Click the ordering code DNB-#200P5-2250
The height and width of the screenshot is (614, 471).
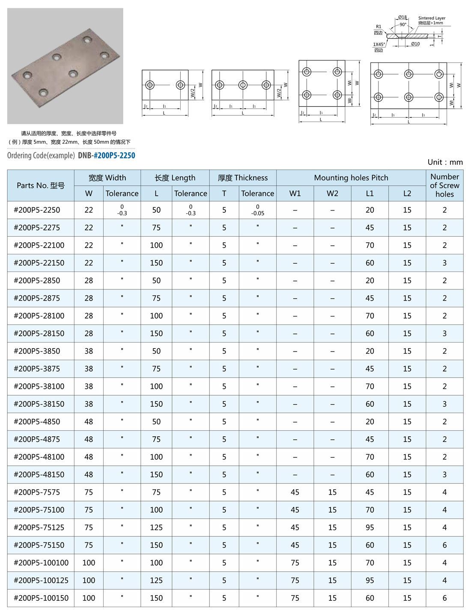coord(107,155)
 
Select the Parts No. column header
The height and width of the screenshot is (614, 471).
coord(41,185)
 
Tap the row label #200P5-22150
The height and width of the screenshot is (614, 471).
coord(39,263)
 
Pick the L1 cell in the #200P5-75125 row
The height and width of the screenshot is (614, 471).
coord(370,527)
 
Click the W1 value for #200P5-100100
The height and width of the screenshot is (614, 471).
coord(295,563)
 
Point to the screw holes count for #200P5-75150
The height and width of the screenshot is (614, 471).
coord(444,545)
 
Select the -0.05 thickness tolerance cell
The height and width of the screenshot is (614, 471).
coord(257,210)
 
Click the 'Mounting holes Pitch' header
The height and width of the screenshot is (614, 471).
coord(351,178)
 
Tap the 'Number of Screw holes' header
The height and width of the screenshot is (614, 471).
coord(444,185)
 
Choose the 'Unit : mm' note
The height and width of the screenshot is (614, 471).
coord(445,162)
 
